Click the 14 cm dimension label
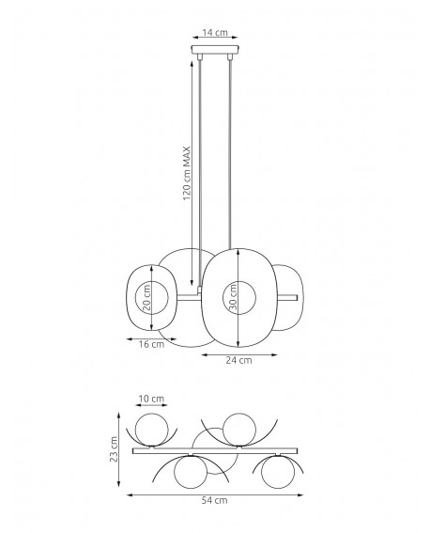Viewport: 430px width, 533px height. (215, 33)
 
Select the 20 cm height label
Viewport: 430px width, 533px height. (146, 298)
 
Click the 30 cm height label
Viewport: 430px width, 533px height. (232, 298)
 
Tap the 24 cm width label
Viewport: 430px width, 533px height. (240, 360)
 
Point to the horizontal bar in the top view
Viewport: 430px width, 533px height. (215, 451)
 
